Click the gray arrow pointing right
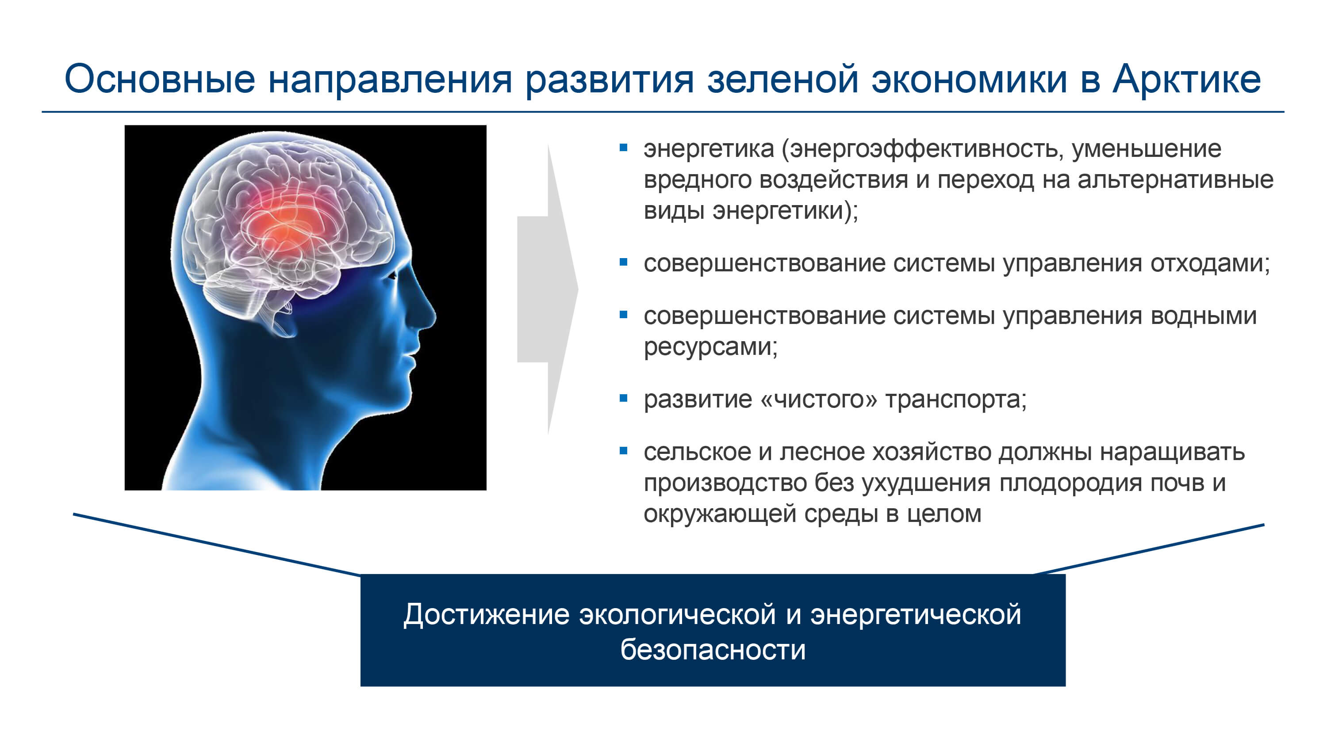tap(548, 289)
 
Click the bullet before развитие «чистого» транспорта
tap(623, 398)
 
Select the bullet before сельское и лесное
tap(623, 451)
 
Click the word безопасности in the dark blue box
tap(713, 650)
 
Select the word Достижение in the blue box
tap(486, 615)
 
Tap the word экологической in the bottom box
tap(677, 615)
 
